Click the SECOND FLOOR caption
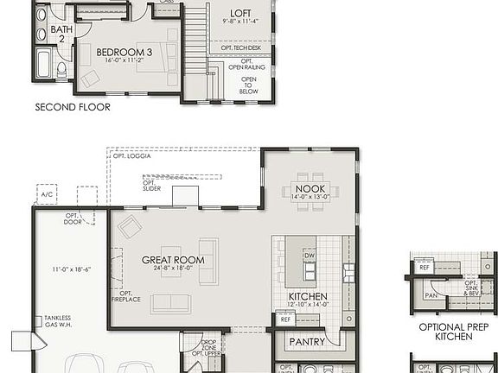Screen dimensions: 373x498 coord(73,107)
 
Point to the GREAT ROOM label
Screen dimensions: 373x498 coord(173,260)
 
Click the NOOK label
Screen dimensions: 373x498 coord(310,188)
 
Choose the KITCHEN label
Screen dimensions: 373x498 coord(308,298)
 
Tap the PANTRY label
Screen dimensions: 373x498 coord(308,342)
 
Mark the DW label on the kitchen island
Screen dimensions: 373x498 coord(309,256)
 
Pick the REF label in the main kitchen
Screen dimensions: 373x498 coord(285,319)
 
